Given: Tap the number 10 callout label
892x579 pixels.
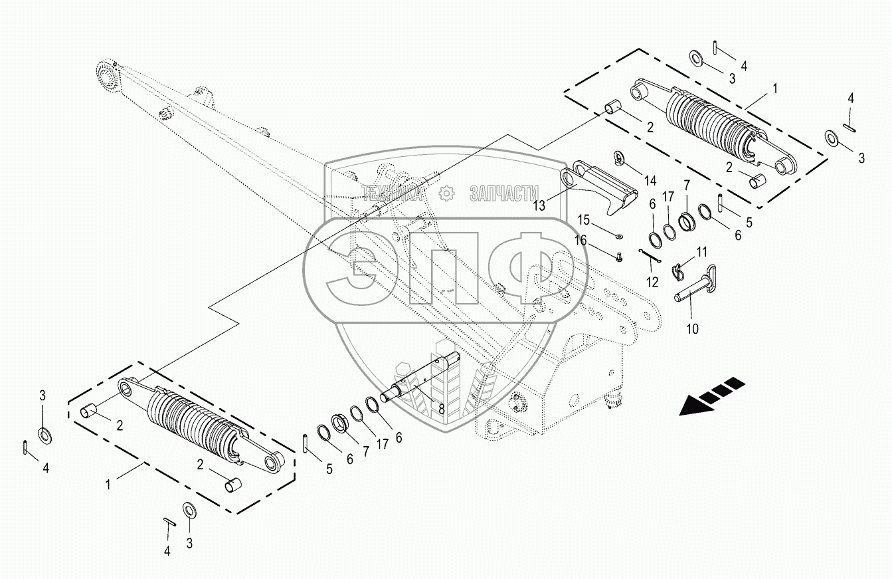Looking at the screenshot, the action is point(692,328).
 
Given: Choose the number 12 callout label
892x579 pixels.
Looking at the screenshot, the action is point(652,282).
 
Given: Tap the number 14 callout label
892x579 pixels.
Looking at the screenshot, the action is point(649,181).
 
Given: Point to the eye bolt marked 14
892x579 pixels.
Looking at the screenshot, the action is point(620,158).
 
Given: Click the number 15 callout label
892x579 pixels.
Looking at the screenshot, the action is point(583,220).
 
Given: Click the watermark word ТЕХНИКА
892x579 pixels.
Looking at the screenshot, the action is point(391,193).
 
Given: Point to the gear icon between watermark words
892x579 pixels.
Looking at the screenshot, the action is point(447,193).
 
